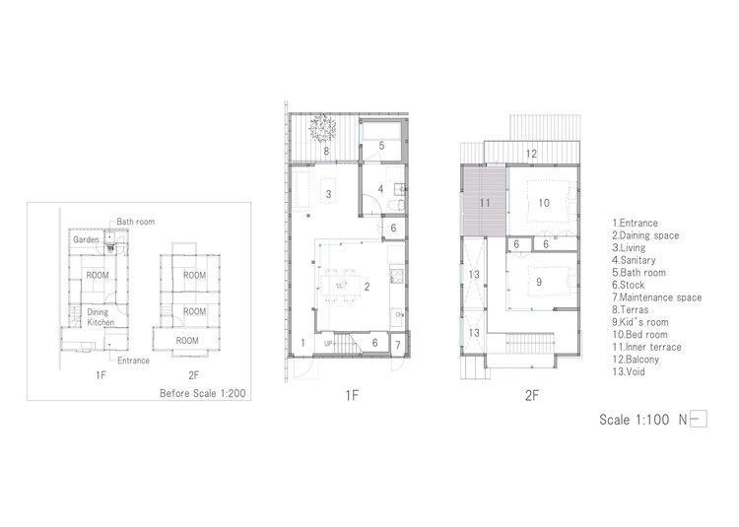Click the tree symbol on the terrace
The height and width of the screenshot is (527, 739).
click(x=323, y=127)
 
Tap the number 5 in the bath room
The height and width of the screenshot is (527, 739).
click(x=381, y=146)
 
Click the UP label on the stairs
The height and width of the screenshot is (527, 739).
click(x=328, y=344)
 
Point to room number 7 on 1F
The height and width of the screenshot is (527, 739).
click(x=398, y=345)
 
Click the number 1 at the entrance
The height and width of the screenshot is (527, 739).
click(x=302, y=343)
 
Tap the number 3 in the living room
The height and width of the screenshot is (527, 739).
click(x=328, y=194)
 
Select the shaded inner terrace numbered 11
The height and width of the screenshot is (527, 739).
click(x=484, y=203)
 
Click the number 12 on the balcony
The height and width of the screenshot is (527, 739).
click(x=531, y=154)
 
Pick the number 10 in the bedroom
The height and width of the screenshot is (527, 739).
click(x=544, y=203)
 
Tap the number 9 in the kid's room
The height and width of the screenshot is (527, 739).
click(x=539, y=282)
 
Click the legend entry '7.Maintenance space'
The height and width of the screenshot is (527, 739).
click(x=657, y=297)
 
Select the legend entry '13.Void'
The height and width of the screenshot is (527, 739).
click(x=629, y=372)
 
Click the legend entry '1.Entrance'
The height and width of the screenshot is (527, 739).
click(x=635, y=224)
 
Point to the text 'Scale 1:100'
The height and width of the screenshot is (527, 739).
click(x=634, y=420)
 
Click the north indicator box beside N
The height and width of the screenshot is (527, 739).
click(x=698, y=420)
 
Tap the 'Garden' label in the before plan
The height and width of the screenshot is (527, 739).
click(x=86, y=239)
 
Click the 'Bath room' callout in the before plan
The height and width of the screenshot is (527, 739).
click(x=136, y=222)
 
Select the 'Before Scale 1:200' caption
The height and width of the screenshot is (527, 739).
click(x=203, y=393)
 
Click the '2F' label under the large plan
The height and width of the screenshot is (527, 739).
click(x=532, y=396)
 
